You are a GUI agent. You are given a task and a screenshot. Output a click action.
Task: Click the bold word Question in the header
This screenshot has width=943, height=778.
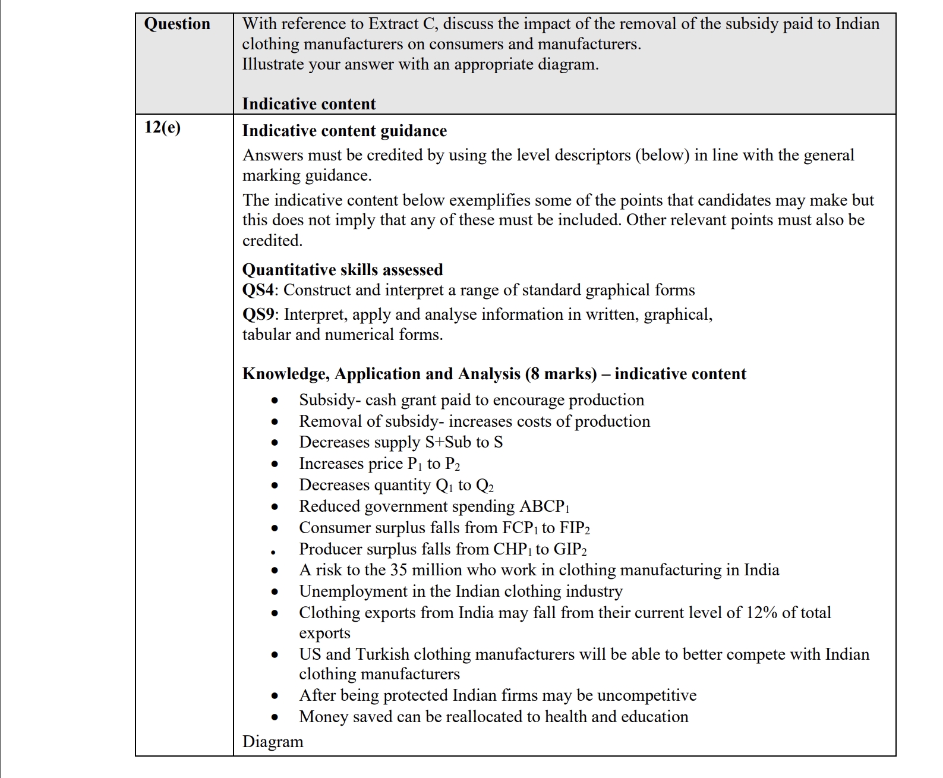point(177,24)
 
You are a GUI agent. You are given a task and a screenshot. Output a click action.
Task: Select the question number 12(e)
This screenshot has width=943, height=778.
point(162,127)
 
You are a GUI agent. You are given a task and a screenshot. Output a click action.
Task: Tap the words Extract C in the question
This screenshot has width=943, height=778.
point(402,24)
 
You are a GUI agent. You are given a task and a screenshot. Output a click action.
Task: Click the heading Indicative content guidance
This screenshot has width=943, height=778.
point(344,131)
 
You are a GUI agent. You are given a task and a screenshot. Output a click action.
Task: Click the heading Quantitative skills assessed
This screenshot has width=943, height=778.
point(342,270)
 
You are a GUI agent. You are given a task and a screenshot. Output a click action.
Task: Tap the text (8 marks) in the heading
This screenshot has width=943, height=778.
point(561,374)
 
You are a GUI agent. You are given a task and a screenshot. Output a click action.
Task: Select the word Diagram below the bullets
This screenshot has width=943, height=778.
point(273,742)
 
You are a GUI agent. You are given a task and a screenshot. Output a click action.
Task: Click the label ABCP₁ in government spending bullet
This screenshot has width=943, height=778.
point(544,506)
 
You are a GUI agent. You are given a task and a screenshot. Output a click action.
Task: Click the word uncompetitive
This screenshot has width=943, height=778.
point(646,695)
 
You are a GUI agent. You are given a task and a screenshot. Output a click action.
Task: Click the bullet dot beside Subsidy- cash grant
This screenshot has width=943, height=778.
point(275,401)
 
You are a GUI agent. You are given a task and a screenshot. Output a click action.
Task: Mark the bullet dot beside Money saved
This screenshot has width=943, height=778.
point(275,718)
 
